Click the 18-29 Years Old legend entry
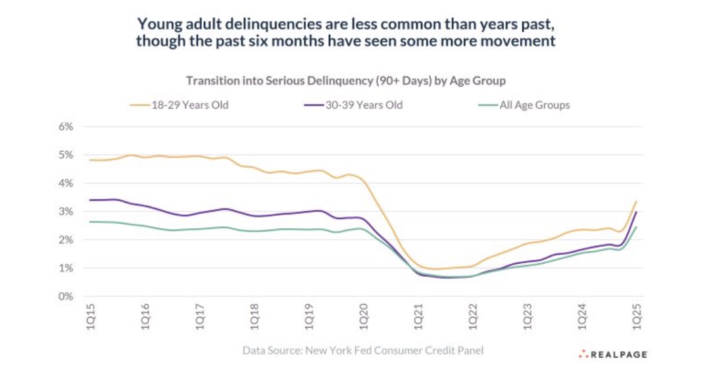(180, 105)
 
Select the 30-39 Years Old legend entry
(353, 105)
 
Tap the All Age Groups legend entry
(524, 105)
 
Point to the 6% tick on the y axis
(66, 127)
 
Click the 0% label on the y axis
(66, 297)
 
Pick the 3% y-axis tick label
(66, 211)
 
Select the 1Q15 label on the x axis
(91, 316)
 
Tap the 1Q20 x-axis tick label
(364, 316)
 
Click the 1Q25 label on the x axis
(637, 316)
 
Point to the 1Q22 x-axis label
(473, 316)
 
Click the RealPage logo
(613, 355)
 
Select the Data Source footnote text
(363, 350)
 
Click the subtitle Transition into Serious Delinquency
(346, 80)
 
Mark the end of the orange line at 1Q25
(637, 201)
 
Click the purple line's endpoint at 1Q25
(637, 212)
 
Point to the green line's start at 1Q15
(91, 222)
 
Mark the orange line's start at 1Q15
(91, 160)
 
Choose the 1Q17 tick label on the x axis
(200, 316)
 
